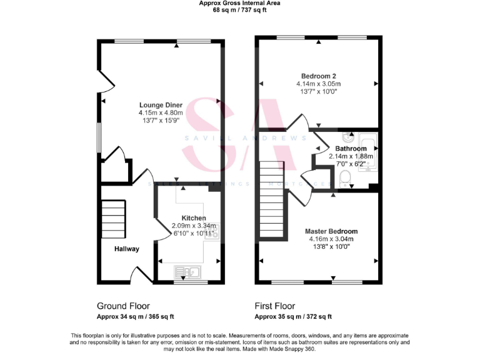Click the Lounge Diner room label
pos(162,104)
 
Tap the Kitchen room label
pos(194,218)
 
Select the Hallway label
pos(126,249)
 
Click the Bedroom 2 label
pos(318,76)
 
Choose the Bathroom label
pos(350,149)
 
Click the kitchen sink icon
pos(187,272)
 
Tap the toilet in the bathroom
pos(344,179)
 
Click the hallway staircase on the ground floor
pos(114,219)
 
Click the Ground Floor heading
pos(123,306)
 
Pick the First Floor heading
pos(275,306)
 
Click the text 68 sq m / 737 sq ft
pos(239,11)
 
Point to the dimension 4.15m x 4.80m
pos(162,112)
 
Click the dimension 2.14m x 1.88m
pos(350,156)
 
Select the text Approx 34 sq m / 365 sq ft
pos(136,317)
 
